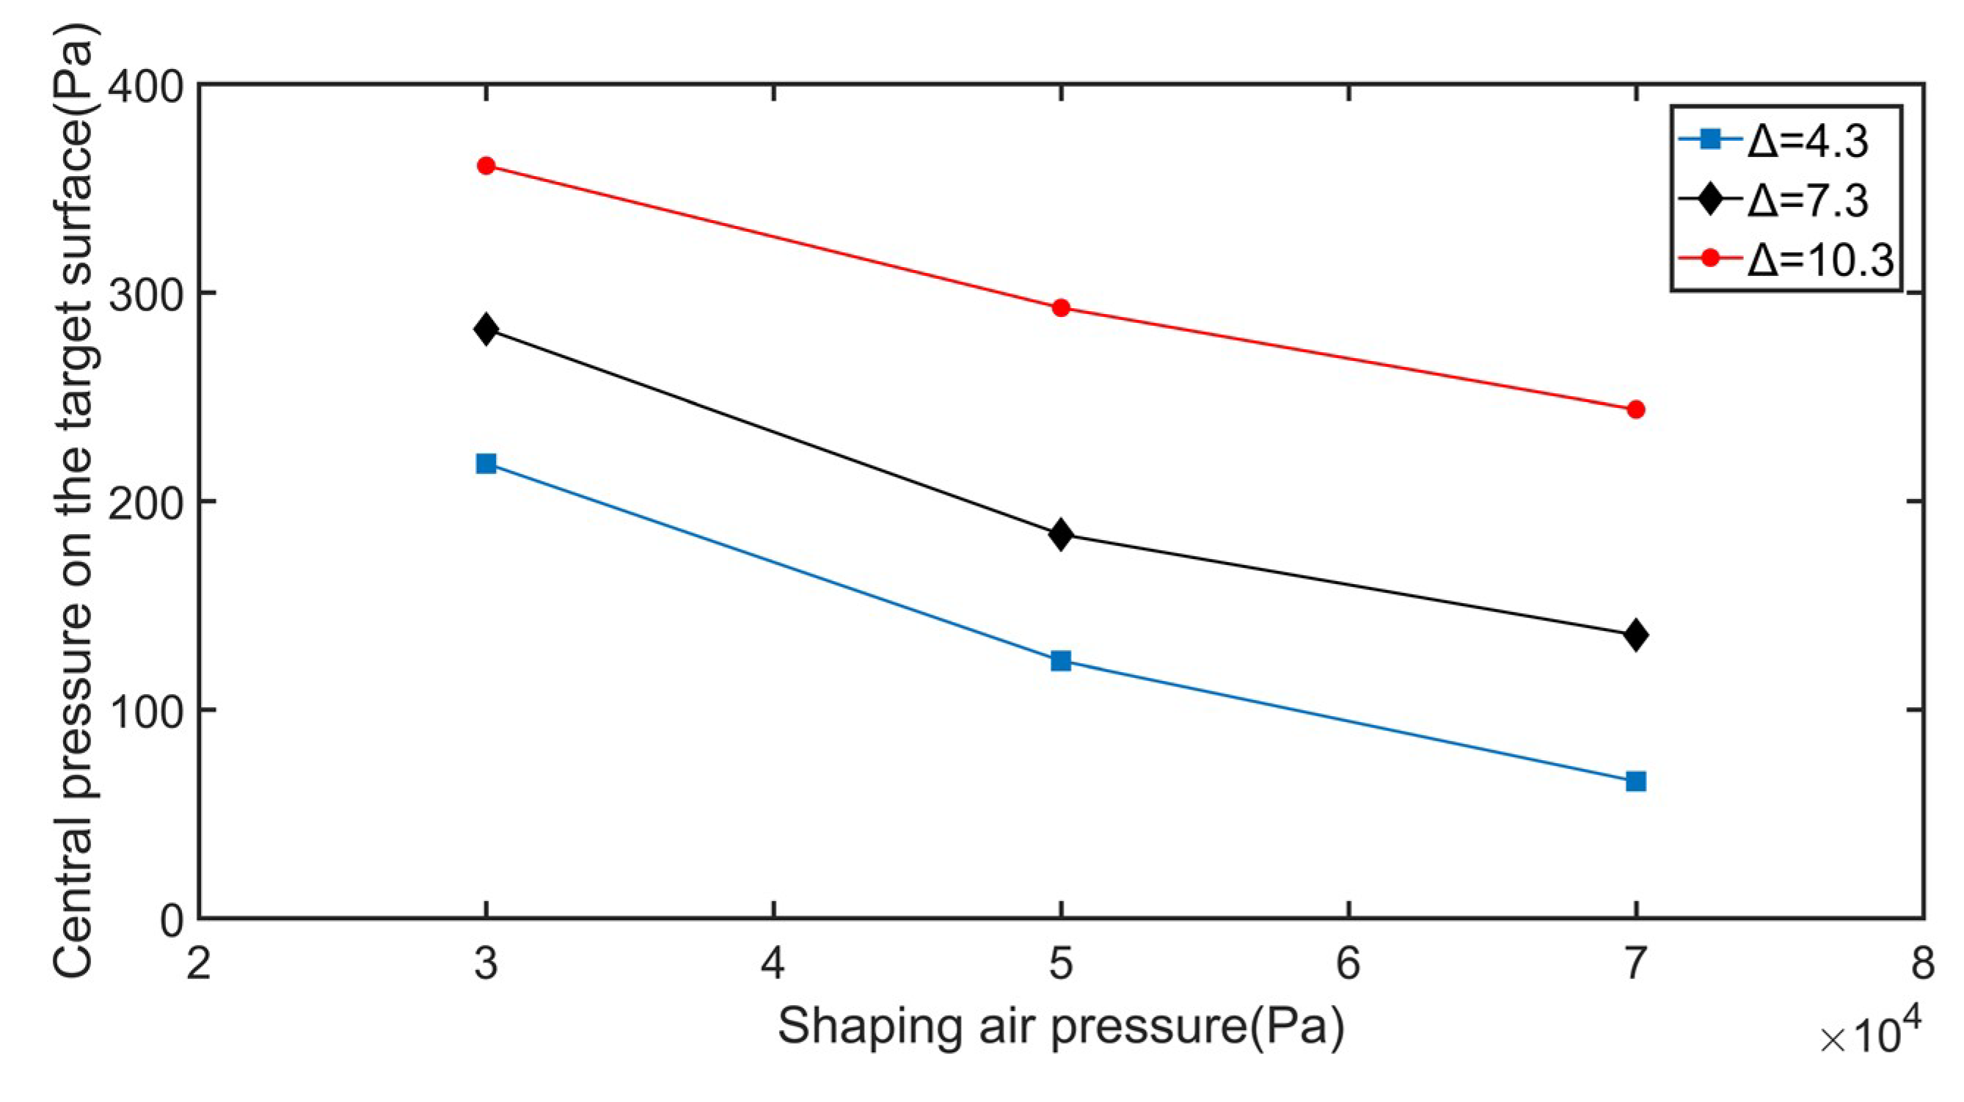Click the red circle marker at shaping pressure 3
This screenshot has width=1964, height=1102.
[486, 166]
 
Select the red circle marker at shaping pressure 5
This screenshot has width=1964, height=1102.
[1061, 308]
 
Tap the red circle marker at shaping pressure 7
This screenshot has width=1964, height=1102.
[1635, 409]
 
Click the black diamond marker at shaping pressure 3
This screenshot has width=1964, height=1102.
[486, 329]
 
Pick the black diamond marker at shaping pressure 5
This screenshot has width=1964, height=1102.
[1061, 535]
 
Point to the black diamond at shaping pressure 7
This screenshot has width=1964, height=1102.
[1635, 635]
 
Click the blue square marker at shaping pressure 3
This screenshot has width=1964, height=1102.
[486, 463]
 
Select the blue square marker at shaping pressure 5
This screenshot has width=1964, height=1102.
[1061, 660]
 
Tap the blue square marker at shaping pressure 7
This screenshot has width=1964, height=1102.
[1635, 781]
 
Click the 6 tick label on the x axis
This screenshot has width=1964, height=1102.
[1348, 963]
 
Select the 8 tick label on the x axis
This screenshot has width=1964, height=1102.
[1922, 963]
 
